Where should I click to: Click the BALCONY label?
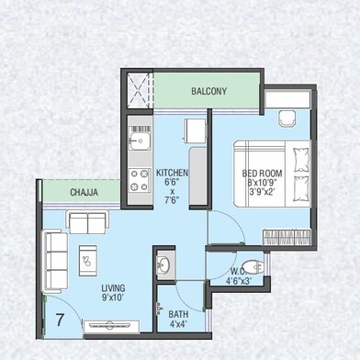pyautogui.click(x=209, y=91)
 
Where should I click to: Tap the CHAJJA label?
pyautogui.click(x=84, y=192)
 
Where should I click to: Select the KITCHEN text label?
pyautogui.click(x=172, y=173)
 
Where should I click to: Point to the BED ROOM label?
pyautogui.click(x=262, y=174)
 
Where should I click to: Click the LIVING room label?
pyautogui.click(x=113, y=288)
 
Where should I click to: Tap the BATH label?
pyautogui.click(x=178, y=314)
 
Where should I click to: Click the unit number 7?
pyautogui.click(x=60, y=320)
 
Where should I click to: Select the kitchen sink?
pyautogui.click(x=140, y=141)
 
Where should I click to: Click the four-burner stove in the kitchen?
pyautogui.click(x=140, y=180)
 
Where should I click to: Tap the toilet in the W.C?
pyautogui.click(x=253, y=268)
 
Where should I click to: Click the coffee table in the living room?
pyautogui.click(x=88, y=261)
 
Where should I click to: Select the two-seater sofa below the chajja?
pyautogui.click(x=87, y=222)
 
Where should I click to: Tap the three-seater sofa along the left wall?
pyautogui.click(x=55, y=261)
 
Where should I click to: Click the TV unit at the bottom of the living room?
pyautogui.click(x=112, y=326)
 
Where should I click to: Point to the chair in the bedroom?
pyautogui.click(x=287, y=118)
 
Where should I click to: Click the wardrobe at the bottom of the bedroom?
pyautogui.click(x=287, y=237)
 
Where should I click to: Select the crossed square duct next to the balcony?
pyautogui.click(x=140, y=90)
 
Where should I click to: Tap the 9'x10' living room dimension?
pyautogui.click(x=113, y=297)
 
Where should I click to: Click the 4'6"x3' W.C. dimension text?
pyautogui.click(x=239, y=281)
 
